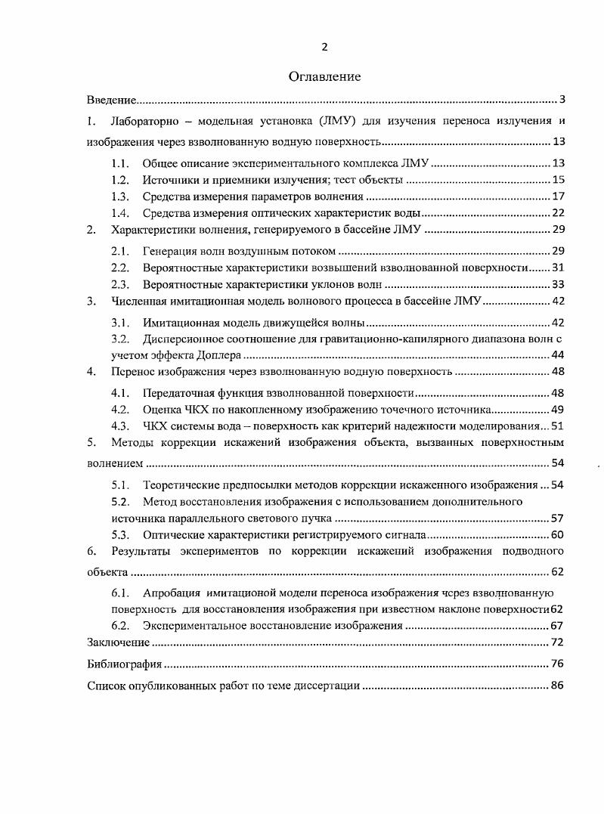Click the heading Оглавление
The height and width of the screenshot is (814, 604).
(x=324, y=76)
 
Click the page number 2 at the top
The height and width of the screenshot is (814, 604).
(x=324, y=47)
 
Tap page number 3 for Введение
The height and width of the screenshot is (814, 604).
(x=562, y=100)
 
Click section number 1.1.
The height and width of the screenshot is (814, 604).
(x=120, y=163)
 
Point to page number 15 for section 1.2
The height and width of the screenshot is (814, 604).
(x=559, y=180)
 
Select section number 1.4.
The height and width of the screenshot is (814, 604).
(x=120, y=213)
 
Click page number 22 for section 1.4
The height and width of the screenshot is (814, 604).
(x=559, y=213)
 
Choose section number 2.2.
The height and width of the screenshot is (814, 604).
(x=120, y=268)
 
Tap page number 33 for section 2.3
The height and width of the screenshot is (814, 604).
(x=559, y=284)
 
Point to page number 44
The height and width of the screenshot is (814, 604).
(x=559, y=354)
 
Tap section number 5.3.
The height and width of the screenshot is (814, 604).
(x=120, y=536)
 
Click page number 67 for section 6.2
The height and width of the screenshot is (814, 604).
(x=559, y=626)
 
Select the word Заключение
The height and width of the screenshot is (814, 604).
(x=118, y=643)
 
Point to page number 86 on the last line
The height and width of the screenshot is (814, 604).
(x=559, y=687)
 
